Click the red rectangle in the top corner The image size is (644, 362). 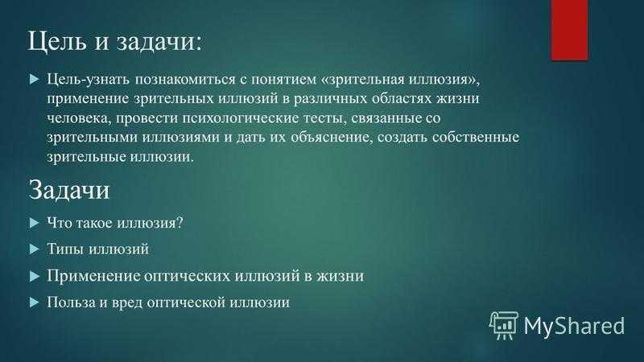569,30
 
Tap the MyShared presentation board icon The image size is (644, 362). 504,326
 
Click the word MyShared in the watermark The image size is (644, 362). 574,326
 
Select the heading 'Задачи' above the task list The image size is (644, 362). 69,190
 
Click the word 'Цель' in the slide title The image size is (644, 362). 57,42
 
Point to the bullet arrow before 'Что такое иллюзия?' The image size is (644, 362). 35,224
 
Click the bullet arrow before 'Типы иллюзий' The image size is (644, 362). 35,249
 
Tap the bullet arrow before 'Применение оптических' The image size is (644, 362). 35,276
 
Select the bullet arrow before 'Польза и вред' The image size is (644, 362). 35,302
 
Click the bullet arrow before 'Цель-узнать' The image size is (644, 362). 35,79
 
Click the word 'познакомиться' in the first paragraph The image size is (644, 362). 186,79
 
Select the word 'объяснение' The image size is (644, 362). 332,138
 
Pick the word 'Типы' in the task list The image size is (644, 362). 66,249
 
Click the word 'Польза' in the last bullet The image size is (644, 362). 71,302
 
